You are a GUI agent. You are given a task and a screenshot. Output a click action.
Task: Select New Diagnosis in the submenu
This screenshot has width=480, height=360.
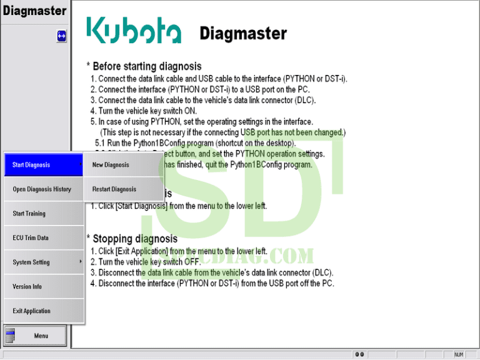click(x=111, y=165)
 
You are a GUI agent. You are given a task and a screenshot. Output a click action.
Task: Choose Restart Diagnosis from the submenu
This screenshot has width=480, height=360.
click(x=114, y=189)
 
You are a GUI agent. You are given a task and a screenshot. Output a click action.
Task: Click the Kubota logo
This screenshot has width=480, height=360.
click(x=133, y=31)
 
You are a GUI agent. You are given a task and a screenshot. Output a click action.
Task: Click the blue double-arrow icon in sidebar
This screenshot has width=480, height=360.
click(x=61, y=36)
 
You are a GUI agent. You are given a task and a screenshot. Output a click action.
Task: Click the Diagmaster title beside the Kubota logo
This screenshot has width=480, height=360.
click(x=243, y=33)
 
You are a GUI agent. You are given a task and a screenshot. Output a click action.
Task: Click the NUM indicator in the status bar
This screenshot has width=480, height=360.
click(x=458, y=355)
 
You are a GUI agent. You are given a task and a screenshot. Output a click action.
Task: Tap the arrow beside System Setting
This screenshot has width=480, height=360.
click(x=81, y=262)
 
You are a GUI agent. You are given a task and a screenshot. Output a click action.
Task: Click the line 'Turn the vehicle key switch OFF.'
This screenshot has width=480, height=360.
click(x=145, y=262)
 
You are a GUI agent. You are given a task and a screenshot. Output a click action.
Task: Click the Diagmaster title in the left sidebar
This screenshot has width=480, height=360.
click(x=34, y=11)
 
